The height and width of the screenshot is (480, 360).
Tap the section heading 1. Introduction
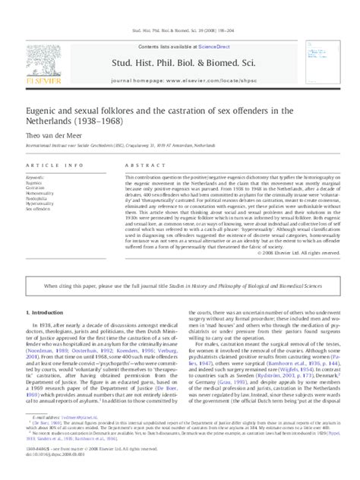(x=44, y=270)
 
